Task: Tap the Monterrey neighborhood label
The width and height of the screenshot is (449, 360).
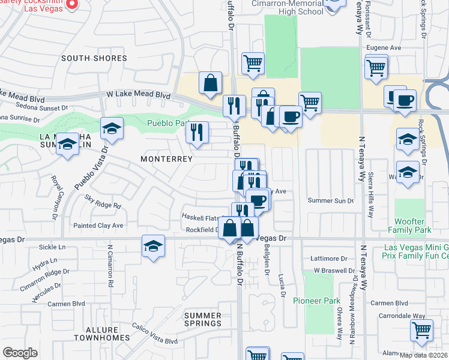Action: pos(166,159)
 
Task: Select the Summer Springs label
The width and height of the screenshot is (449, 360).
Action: pos(202,319)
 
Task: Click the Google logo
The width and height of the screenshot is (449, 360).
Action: pos(20,353)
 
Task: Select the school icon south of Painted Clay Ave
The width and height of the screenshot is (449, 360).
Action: pos(154,246)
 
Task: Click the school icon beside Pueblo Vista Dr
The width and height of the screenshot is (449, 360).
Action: pos(111,128)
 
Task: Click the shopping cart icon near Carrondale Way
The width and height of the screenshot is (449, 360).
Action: pos(422,330)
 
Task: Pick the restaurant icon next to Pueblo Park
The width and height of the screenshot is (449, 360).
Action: pos(197,133)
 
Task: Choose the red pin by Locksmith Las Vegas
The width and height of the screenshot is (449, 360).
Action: pos(71,4)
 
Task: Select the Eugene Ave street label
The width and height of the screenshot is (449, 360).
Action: pos(387,48)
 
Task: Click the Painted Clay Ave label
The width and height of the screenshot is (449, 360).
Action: pos(98,226)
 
